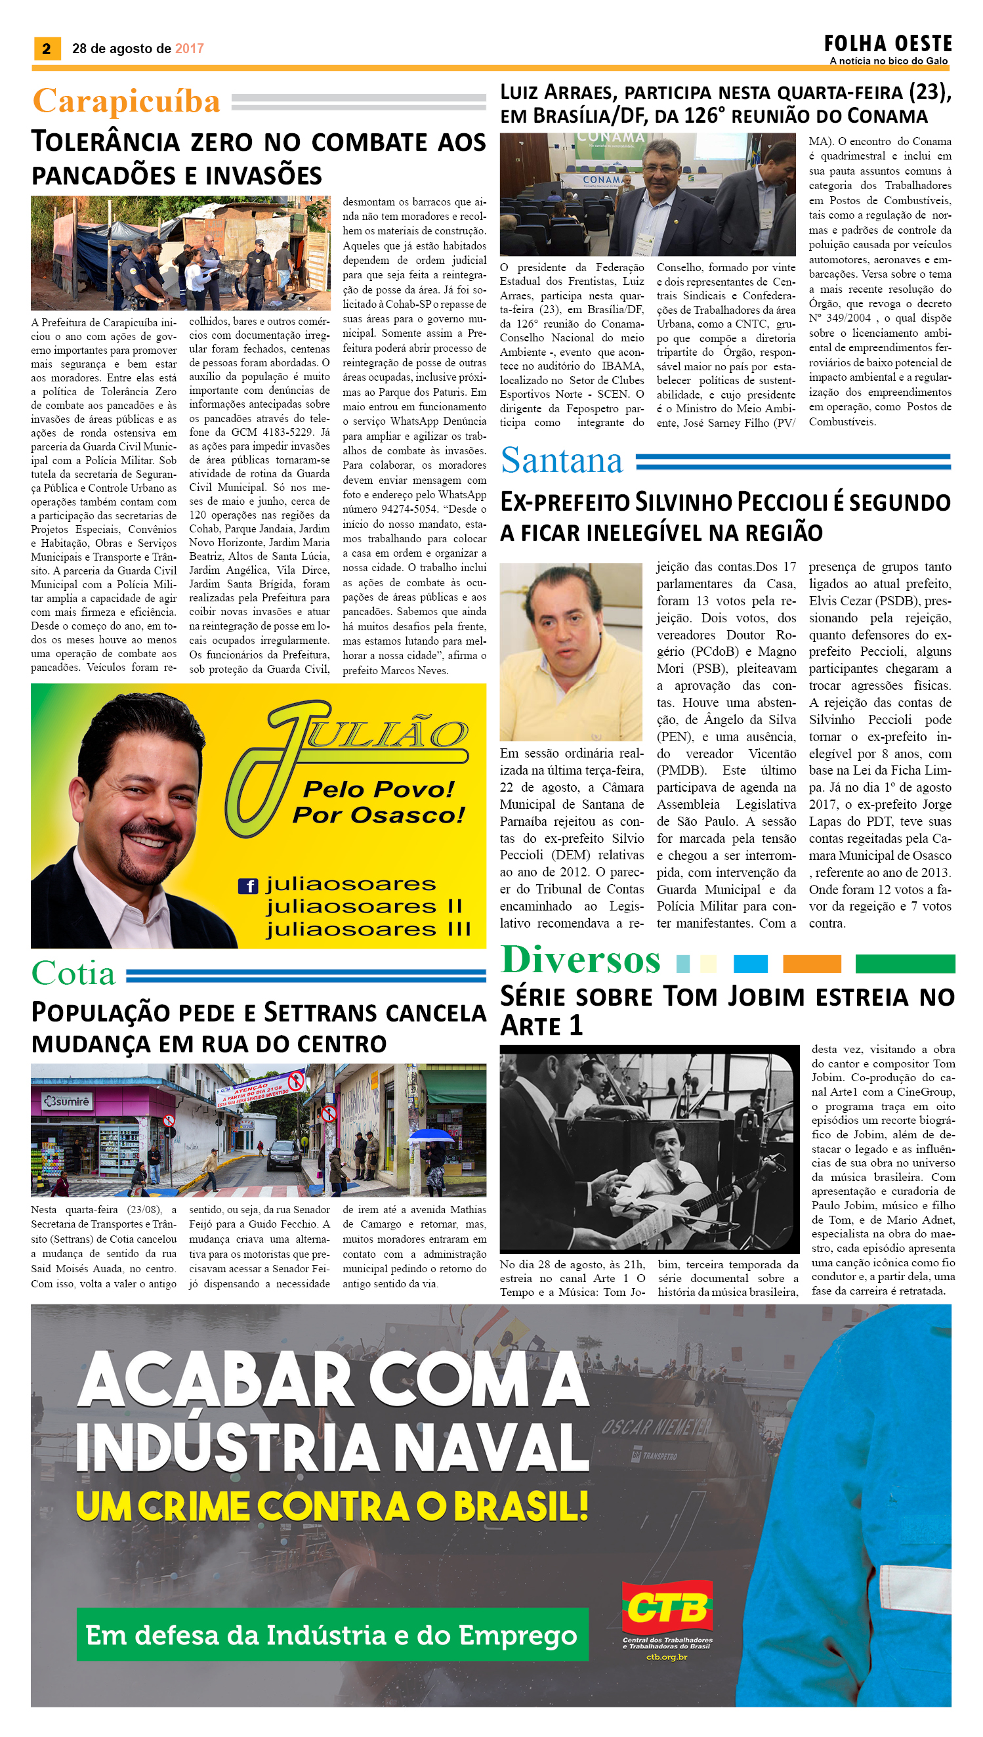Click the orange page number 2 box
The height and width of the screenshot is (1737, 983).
click(47, 49)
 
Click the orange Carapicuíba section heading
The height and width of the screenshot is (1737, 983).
click(126, 101)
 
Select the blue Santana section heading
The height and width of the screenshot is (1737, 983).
click(561, 461)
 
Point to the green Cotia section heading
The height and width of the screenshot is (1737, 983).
click(73, 973)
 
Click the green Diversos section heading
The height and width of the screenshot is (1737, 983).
click(580, 960)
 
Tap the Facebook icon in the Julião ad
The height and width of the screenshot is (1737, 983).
click(249, 886)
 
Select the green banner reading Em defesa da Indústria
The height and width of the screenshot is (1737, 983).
click(332, 1635)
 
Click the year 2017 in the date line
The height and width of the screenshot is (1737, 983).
click(189, 49)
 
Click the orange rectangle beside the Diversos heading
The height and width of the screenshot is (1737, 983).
click(812, 964)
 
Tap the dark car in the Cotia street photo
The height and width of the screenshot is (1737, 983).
click(284, 1154)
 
